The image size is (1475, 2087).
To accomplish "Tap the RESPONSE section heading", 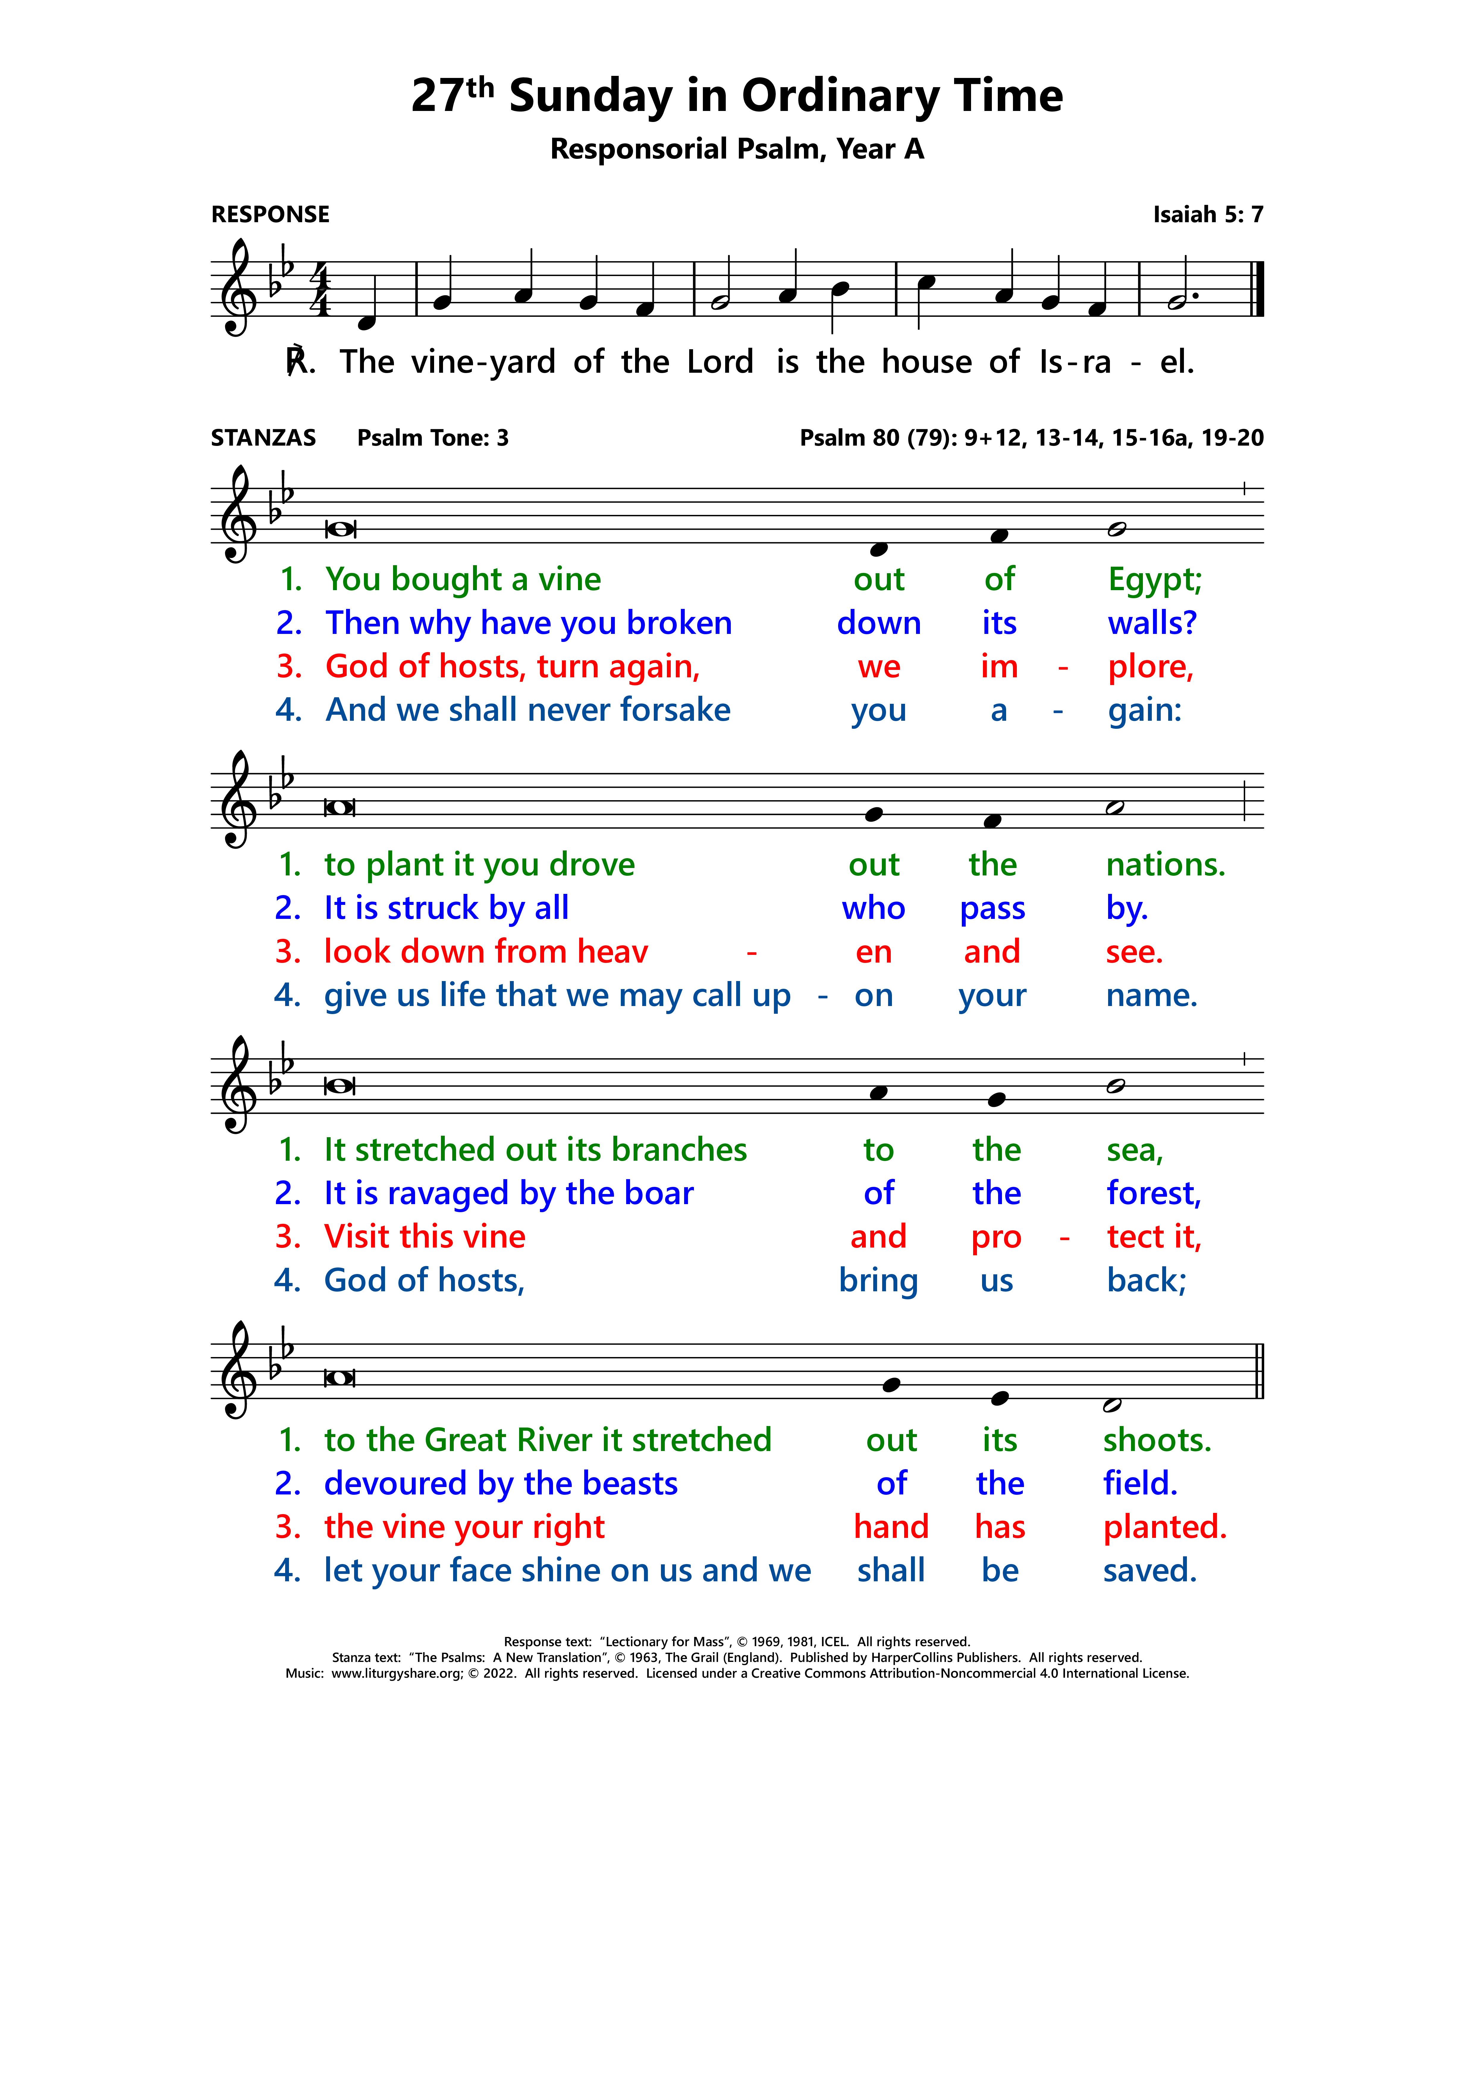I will click(x=270, y=214).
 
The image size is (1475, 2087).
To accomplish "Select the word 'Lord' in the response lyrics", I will click(x=720, y=362).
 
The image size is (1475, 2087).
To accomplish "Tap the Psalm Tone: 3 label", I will click(x=433, y=438).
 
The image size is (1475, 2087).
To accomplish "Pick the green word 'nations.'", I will click(x=1165, y=864).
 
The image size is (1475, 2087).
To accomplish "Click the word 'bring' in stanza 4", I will click(x=878, y=1281).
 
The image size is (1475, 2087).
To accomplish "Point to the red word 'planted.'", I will click(x=1164, y=1527).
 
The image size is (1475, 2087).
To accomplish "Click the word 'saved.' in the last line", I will click(x=1150, y=1571).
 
